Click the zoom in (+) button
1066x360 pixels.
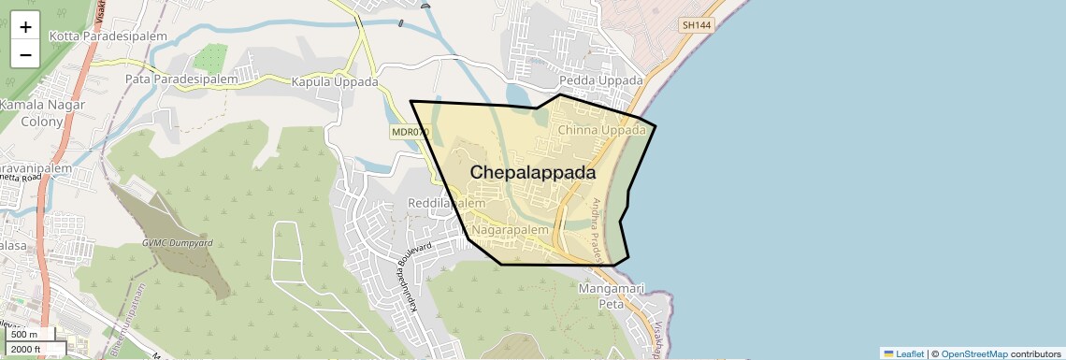point(25,27)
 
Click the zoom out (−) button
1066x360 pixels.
point(25,54)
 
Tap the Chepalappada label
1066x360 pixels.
point(533,173)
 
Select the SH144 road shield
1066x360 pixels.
point(698,25)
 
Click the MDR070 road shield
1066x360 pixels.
point(410,133)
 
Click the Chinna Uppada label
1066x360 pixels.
point(601,130)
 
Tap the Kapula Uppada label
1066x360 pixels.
point(335,82)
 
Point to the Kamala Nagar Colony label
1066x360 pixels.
point(42,113)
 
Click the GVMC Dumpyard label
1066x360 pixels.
point(178,243)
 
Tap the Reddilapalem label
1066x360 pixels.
point(447,203)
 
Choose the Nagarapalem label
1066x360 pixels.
point(510,229)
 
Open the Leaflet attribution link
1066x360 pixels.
point(903,353)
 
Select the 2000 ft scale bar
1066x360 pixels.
point(34,349)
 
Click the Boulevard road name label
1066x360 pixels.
point(411,252)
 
